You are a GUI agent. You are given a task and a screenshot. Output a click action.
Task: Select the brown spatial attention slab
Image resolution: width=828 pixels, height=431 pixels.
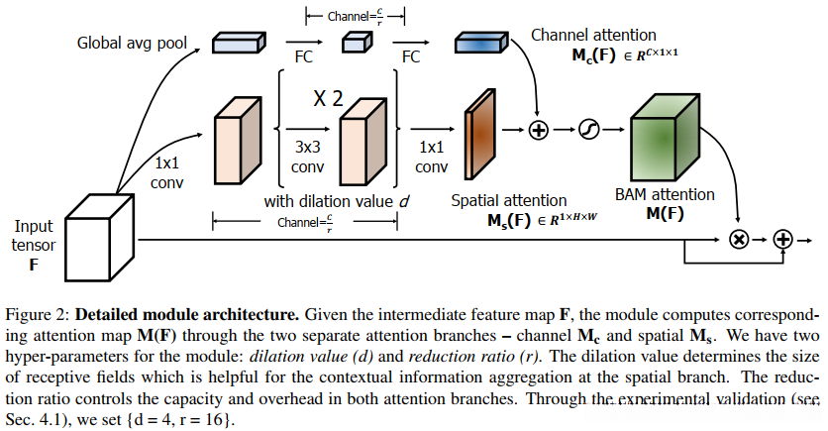point(479,129)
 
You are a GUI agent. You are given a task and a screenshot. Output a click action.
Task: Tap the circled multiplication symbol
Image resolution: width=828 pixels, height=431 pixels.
point(737,239)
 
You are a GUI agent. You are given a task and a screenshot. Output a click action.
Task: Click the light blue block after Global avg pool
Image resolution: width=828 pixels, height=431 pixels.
point(239,42)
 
